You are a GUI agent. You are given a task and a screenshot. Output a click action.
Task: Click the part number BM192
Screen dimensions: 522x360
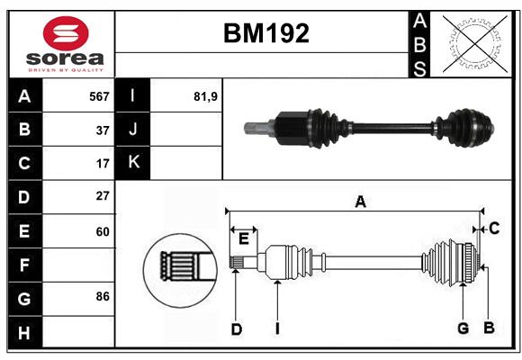(266, 33)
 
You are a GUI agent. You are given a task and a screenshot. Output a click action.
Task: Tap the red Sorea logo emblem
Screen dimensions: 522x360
(66, 33)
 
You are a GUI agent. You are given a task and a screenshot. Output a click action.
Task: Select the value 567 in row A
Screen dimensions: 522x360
(99, 96)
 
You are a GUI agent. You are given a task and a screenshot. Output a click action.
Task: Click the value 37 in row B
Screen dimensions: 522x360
(103, 130)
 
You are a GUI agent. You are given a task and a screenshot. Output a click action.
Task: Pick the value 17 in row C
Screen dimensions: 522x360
(103, 164)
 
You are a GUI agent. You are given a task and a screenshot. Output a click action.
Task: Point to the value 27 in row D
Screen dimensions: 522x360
(103, 196)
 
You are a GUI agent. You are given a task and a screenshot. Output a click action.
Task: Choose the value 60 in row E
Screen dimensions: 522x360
(103, 231)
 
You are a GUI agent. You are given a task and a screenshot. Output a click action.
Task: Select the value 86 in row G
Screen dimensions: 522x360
(103, 296)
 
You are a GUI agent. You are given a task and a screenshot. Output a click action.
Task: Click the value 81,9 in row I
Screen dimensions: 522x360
(205, 96)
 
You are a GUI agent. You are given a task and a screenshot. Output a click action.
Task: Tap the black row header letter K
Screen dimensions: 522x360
(133, 162)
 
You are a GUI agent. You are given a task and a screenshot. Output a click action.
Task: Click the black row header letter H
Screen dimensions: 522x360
(24, 333)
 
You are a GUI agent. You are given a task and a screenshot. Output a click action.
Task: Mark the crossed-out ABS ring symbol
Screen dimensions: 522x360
(475, 43)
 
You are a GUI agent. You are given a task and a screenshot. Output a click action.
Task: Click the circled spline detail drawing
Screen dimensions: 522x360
(180, 270)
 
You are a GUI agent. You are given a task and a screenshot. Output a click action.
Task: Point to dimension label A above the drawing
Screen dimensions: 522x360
(361, 202)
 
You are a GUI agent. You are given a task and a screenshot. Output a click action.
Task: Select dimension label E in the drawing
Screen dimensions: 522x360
(244, 238)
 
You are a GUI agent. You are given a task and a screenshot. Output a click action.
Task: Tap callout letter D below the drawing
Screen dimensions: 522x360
(237, 329)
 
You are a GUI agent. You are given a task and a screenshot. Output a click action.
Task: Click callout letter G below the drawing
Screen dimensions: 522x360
(463, 328)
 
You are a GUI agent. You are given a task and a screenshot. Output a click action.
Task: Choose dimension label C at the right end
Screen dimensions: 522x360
(494, 229)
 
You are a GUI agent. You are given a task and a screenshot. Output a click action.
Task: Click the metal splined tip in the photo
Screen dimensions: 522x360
(256, 129)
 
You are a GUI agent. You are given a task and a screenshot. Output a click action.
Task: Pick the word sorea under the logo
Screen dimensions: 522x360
(65, 58)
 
